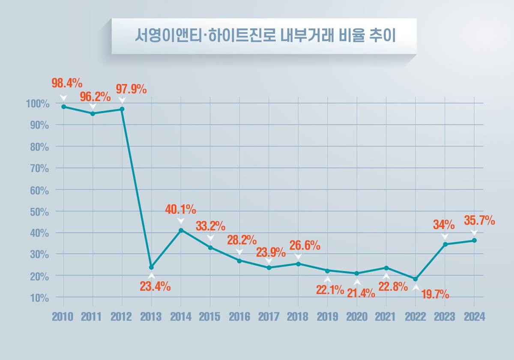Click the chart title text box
tap(264, 36)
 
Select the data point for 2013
tap(151, 267)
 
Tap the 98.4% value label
tap(67, 83)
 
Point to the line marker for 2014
tap(181, 231)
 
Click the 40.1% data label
tap(181, 210)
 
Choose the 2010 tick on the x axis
tap(63, 317)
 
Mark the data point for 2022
tap(415, 279)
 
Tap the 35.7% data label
tap(479, 221)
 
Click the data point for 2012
tap(122, 109)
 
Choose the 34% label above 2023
tap(444, 224)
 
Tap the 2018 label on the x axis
tap(298, 317)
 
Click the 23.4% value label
tap(155, 287)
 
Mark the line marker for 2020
tap(357, 273)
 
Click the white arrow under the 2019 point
tap(328, 280)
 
